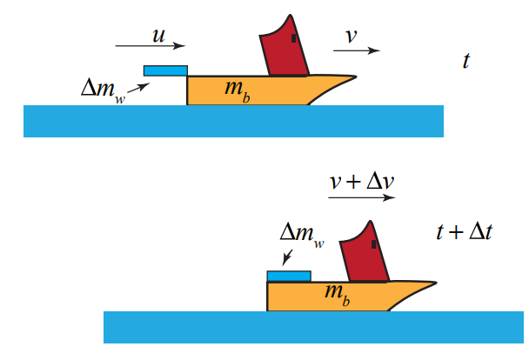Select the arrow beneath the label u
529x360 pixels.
pos(150,46)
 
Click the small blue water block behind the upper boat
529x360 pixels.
pos(165,70)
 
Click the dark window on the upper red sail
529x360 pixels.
pos(295,39)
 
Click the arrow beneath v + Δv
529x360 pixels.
pos(362,197)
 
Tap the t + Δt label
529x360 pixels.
pos(464,232)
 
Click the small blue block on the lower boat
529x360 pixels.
pos(288,277)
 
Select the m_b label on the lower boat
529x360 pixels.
pos(338,293)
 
